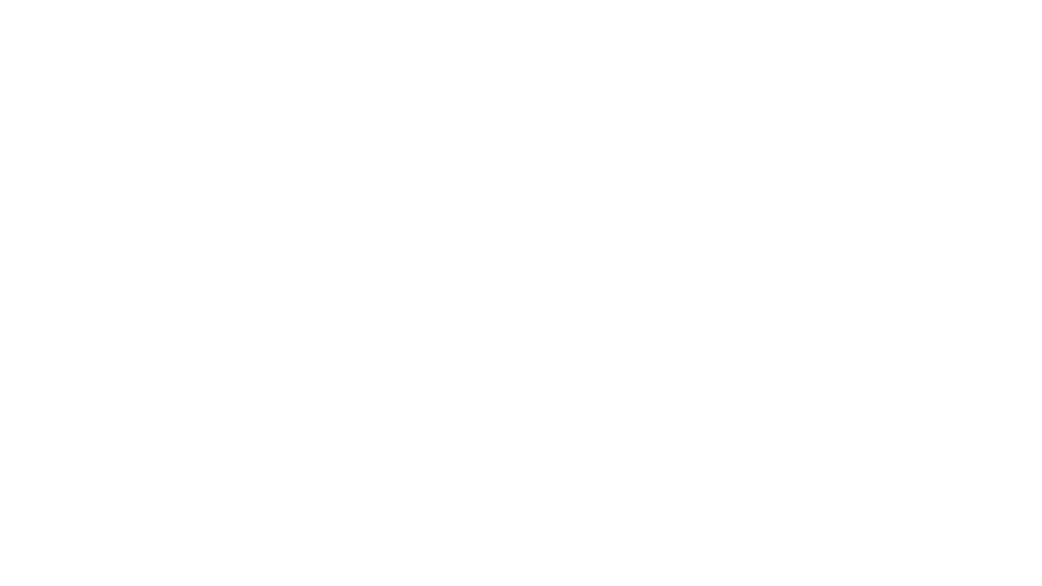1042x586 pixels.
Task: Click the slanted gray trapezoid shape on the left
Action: tap(49, 146)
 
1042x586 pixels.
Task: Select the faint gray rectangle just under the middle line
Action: tap(141, 241)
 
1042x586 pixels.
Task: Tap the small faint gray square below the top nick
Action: tap(22, 22)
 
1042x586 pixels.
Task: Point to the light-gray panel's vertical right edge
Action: tap(777, 467)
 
